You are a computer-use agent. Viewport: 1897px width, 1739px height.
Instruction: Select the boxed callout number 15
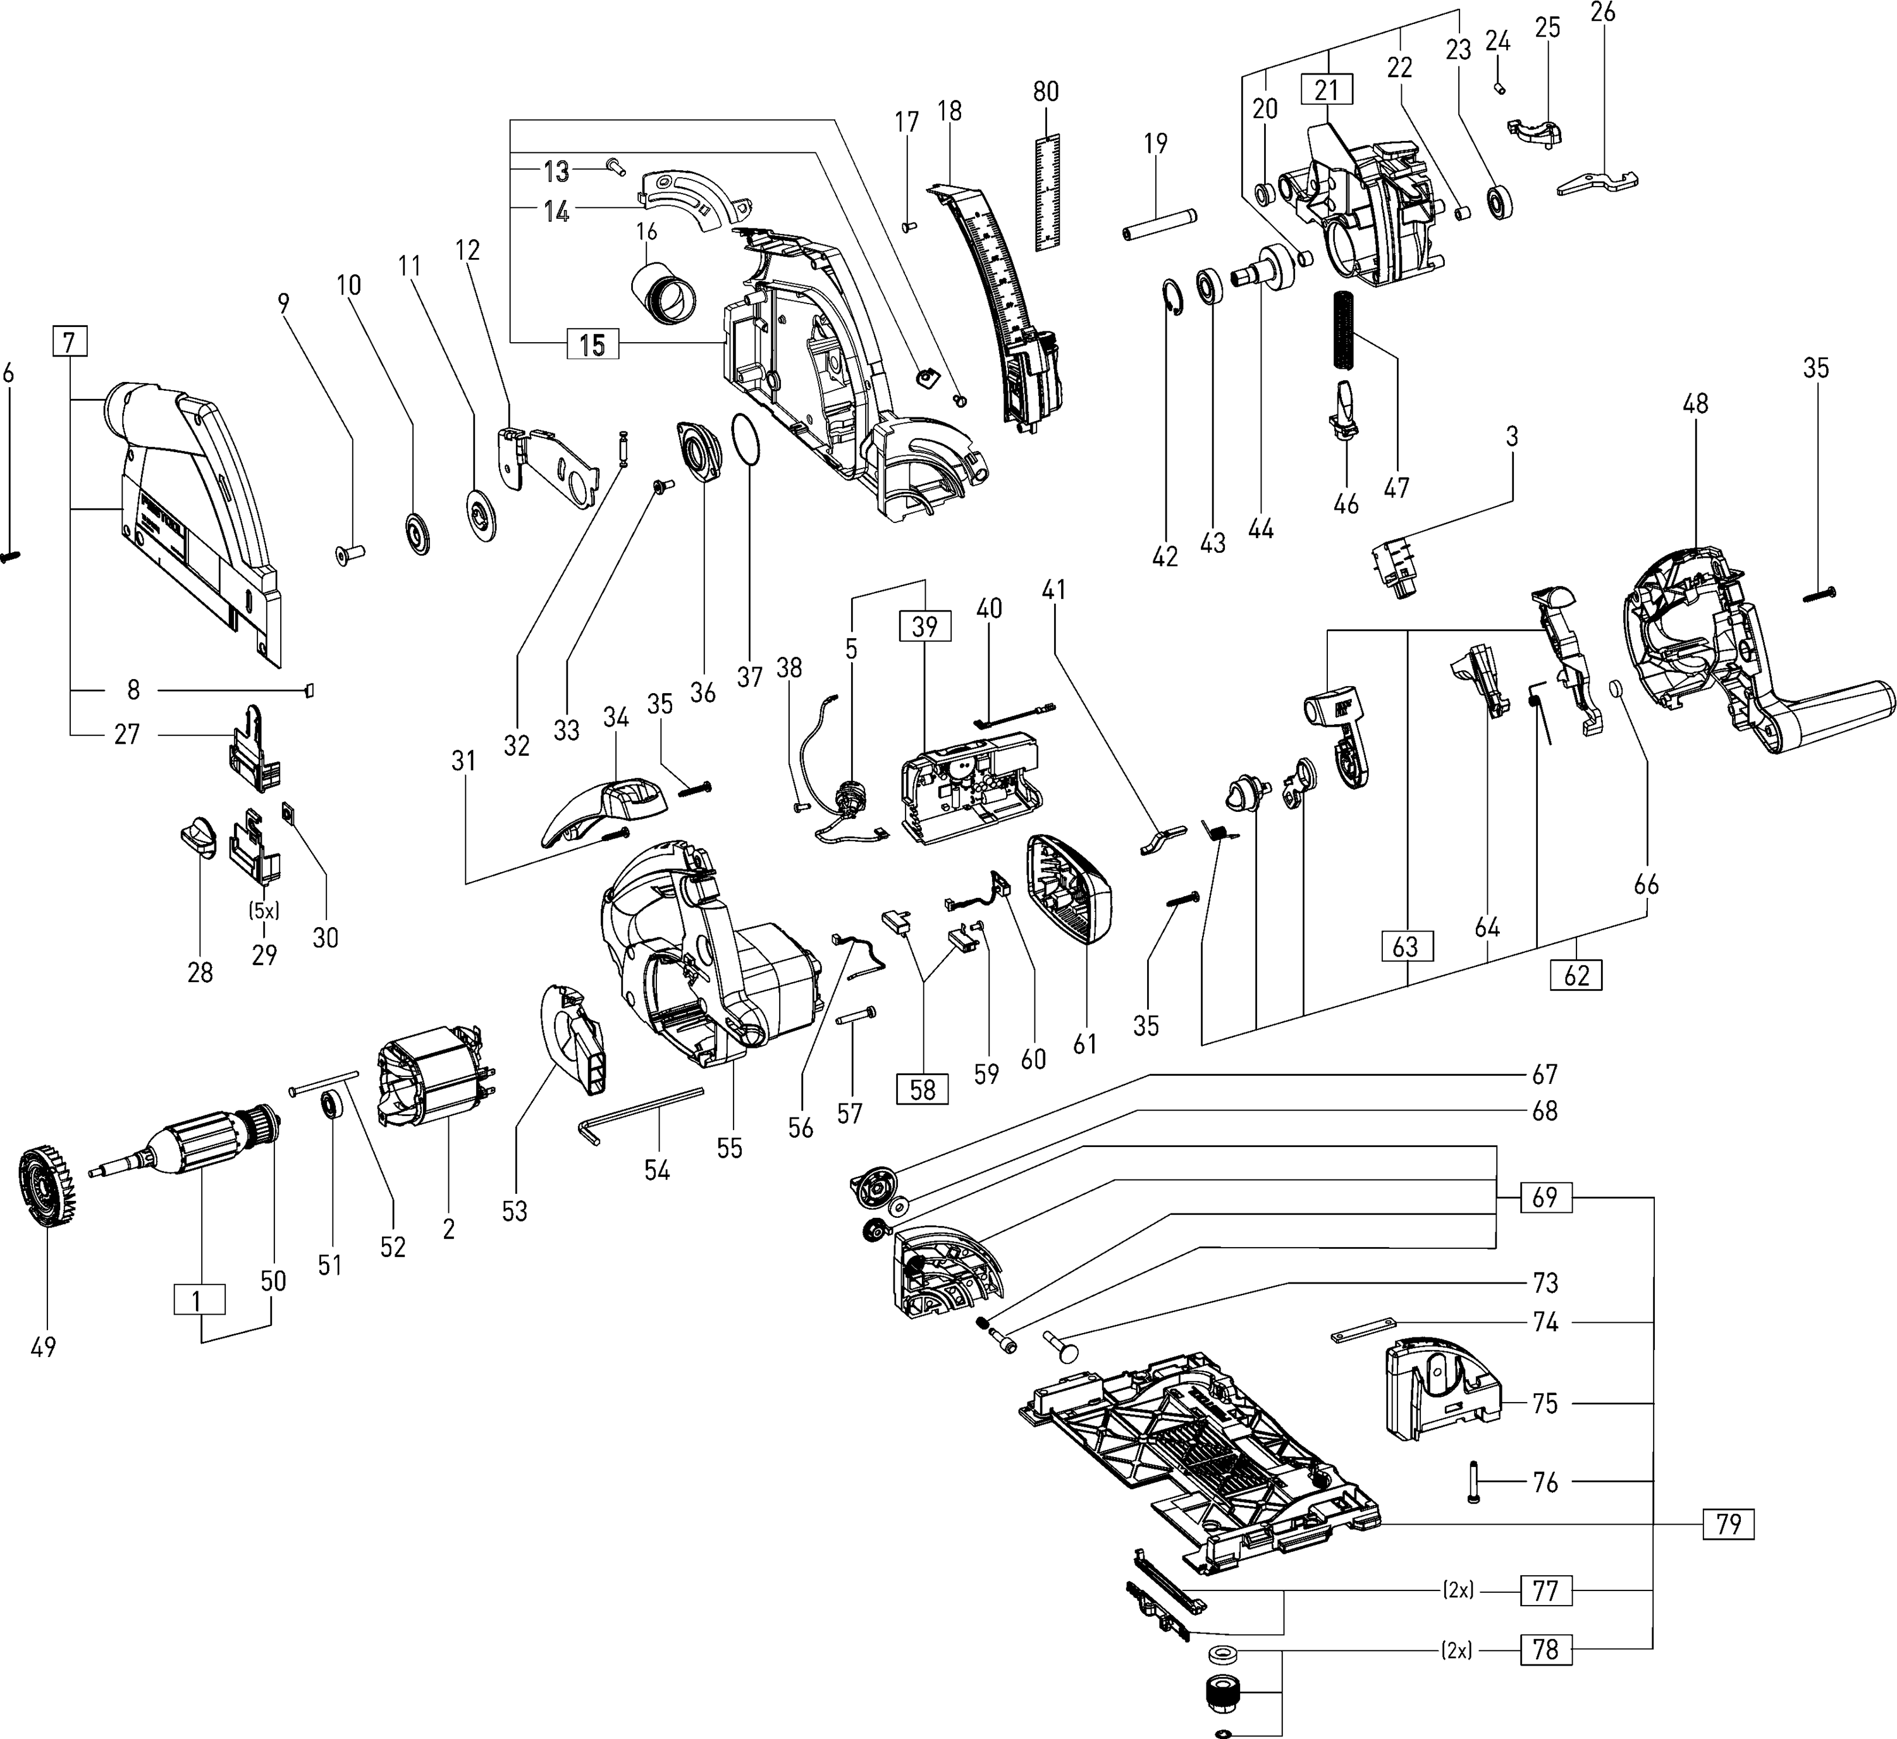(x=592, y=345)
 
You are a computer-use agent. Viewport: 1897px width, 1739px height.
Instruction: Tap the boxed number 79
(x=1729, y=1523)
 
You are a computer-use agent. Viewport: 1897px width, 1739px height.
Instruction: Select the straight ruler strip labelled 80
(x=1047, y=192)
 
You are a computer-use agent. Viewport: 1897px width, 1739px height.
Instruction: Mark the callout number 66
(x=1647, y=885)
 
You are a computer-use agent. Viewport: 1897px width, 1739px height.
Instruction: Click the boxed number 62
(x=1576, y=975)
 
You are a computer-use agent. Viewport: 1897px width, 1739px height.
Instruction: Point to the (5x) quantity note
(x=264, y=911)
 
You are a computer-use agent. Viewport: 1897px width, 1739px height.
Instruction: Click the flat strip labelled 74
(x=1365, y=1330)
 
